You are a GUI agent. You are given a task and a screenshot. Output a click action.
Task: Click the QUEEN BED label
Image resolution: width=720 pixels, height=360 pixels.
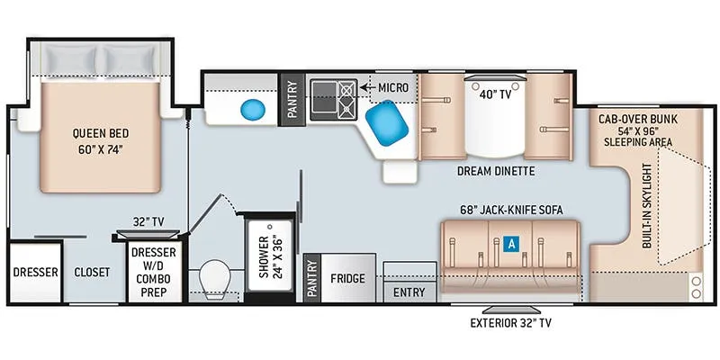click(101, 133)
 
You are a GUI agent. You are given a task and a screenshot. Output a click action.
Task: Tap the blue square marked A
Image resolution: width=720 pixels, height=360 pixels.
click(510, 244)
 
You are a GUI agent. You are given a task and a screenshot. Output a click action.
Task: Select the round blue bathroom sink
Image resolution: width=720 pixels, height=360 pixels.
click(253, 110)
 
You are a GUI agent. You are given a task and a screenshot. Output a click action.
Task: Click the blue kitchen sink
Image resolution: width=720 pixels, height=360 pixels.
click(387, 123)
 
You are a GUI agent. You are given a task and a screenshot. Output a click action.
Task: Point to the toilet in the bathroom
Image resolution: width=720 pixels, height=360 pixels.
click(215, 279)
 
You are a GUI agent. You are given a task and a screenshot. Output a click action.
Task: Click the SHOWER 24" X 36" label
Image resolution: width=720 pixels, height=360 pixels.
click(269, 256)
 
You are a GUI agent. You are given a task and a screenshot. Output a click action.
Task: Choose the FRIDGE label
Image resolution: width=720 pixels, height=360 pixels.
click(347, 278)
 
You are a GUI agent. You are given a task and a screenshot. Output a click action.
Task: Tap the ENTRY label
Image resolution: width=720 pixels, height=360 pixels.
click(409, 292)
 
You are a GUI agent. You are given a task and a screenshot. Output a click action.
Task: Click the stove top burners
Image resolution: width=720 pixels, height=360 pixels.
click(347, 100)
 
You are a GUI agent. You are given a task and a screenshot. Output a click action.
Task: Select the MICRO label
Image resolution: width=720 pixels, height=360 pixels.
click(393, 87)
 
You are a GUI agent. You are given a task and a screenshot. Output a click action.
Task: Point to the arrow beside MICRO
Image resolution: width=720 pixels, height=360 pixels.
click(366, 87)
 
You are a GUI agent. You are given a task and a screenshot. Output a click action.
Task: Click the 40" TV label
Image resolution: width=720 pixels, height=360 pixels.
click(495, 94)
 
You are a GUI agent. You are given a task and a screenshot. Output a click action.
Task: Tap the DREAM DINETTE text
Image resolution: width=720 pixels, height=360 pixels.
click(496, 171)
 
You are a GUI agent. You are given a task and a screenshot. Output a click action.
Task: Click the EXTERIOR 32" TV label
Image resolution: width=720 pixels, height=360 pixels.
click(510, 323)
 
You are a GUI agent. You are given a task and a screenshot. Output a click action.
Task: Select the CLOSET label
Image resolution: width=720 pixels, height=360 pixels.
click(92, 273)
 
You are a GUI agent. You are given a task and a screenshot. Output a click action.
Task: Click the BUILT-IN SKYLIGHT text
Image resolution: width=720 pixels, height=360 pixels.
click(647, 205)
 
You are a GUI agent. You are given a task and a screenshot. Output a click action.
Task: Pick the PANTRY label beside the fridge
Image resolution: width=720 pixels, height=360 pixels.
click(311, 279)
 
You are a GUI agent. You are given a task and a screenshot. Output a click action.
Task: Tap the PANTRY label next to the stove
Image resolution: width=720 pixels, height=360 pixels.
click(292, 100)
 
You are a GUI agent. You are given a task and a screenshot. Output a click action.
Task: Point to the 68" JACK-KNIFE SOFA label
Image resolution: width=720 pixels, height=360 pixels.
click(511, 211)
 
